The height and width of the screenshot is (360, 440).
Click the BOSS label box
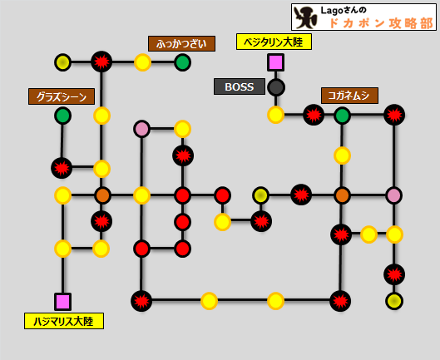point(240,86)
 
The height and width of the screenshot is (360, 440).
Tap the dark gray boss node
point(276,87)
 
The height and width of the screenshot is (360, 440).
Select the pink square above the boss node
point(275,62)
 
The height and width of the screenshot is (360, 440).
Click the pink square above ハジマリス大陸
point(62,302)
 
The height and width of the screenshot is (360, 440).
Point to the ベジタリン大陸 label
point(274,42)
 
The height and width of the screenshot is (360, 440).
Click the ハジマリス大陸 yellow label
point(64,321)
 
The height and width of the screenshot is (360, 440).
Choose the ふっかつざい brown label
point(181,43)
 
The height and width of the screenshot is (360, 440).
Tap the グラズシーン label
point(62,96)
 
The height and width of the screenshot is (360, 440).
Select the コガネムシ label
point(349,96)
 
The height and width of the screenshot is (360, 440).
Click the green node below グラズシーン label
point(62,116)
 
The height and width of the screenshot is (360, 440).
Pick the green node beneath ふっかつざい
point(182,62)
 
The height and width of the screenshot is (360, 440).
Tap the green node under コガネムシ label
point(342,116)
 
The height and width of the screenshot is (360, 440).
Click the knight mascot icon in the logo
point(305,17)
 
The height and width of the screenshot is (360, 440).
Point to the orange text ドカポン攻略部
point(381,23)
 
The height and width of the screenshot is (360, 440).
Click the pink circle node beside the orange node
point(394,195)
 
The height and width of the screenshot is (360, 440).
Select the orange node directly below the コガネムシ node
point(342,195)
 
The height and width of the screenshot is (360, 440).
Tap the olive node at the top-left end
point(62,62)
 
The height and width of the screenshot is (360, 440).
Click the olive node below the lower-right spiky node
point(394,301)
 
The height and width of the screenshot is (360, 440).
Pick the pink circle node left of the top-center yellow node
point(141,129)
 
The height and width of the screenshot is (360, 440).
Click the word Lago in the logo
point(332,11)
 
